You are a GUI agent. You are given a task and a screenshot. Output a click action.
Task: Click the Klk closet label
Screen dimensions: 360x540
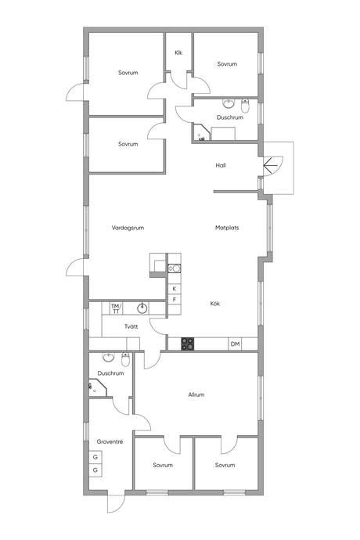coord(178,52)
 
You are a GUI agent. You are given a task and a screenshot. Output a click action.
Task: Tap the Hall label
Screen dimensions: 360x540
coord(221,165)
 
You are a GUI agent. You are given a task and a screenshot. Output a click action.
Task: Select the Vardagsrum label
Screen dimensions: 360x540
coord(128,228)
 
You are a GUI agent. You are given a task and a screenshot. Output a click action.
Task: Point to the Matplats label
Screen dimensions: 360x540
coord(227,228)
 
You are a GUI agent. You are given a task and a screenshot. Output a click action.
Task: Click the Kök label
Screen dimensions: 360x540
coord(215,304)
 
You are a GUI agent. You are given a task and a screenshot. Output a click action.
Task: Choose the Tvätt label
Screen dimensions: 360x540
coord(131,326)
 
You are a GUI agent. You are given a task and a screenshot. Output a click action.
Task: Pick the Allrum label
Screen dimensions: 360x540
coord(196,394)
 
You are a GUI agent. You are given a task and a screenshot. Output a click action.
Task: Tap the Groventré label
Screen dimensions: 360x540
coord(110,441)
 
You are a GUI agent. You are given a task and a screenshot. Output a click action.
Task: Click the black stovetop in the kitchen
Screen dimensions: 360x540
coord(187,344)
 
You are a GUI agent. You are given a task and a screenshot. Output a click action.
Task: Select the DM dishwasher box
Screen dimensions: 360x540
coord(235,344)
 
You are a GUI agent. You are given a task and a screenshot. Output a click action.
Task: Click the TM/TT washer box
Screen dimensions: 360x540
coord(116,308)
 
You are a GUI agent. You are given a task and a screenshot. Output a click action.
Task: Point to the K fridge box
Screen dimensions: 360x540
coord(175,289)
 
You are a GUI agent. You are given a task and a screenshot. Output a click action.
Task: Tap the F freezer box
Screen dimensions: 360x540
coord(175,300)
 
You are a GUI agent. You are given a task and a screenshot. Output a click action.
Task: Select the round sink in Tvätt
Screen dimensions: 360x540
coord(142,308)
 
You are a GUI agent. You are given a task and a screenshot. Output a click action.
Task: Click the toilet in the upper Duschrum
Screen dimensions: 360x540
coord(245,106)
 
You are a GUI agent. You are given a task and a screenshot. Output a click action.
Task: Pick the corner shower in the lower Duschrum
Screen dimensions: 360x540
coord(98,387)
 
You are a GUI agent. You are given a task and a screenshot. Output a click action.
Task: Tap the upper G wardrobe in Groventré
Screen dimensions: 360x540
coord(95,457)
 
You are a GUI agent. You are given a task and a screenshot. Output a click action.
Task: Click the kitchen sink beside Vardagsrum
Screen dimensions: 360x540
coord(175,268)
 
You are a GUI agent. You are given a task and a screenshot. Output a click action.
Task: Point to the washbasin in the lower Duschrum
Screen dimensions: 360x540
coord(109,358)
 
